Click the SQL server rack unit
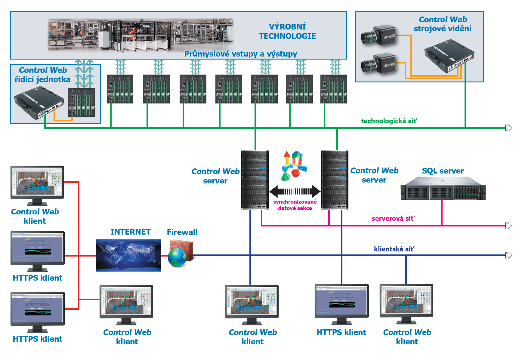tap(443, 189)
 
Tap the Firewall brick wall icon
tap(181, 254)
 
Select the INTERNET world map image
tap(128, 255)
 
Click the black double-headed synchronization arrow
tap(295, 191)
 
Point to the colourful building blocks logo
tap(294, 165)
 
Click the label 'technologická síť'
tap(389, 121)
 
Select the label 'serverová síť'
tap(393, 219)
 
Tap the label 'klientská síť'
tap(394, 249)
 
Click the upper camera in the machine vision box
tap(378, 35)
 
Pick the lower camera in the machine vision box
tap(378, 64)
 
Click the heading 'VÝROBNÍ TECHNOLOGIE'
tap(287, 31)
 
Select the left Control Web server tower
tap(255, 180)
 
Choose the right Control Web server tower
tap(335, 180)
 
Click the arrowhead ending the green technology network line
tap(508, 128)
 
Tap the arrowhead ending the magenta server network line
tap(508, 226)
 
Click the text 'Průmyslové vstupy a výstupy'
tap(240, 54)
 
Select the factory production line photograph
tap(141, 35)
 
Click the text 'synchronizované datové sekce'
tap(295, 205)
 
